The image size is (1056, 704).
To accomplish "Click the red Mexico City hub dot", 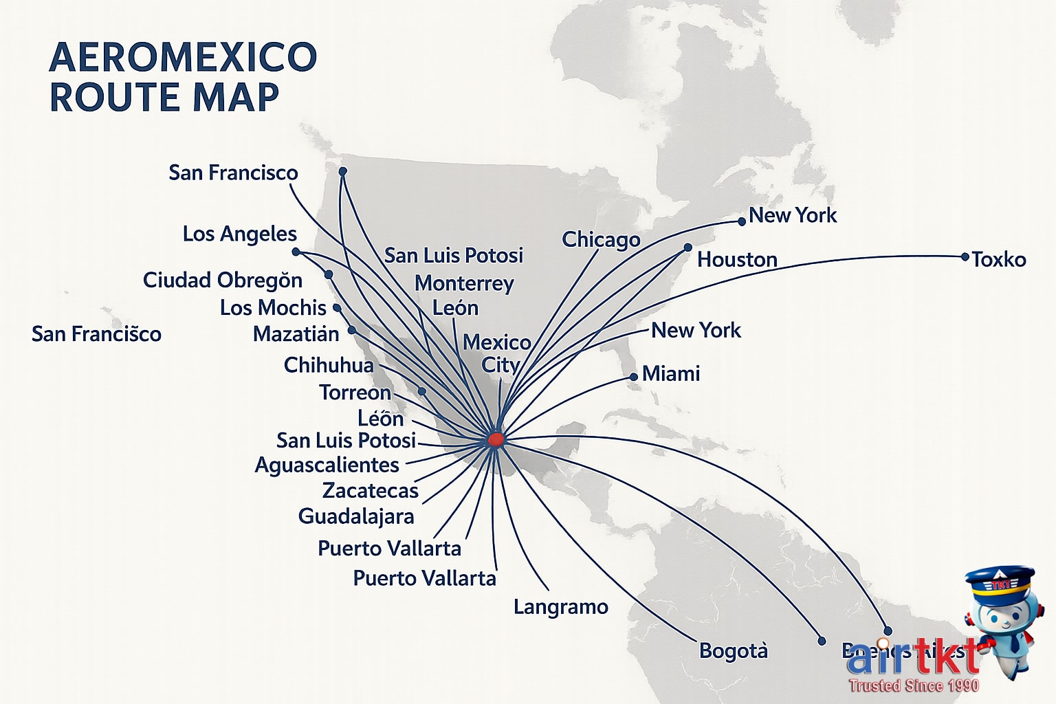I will (x=496, y=439).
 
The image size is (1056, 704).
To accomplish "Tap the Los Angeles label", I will (x=239, y=234).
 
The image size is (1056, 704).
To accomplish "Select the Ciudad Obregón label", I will (x=223, y=280).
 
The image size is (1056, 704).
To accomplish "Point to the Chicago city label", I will (x=601, y=239).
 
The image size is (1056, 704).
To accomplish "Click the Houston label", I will (x=737, y=259).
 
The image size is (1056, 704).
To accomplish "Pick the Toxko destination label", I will (x=998, y=259).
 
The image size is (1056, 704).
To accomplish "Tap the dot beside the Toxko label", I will (x=965, y=256).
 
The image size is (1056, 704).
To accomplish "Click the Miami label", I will (x=671, y=373).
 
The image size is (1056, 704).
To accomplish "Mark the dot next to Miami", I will (x=634, y=377).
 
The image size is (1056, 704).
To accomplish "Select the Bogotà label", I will (x=734, y=650).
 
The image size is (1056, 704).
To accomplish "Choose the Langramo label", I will (x=561, y=606).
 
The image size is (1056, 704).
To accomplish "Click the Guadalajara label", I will (x=356, y=516).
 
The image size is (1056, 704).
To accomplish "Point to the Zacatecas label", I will (x=371, y=490).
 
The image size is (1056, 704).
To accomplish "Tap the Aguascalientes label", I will (x=327, y=465).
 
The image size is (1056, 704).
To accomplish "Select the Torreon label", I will (x=355, y=393).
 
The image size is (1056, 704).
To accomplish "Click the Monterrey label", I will (x=464, y=283).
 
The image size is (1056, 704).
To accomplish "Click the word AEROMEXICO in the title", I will (x=184, y=57).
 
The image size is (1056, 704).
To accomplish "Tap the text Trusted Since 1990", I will (x=914, y=685).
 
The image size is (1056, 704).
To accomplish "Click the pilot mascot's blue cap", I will (x=999, y=582).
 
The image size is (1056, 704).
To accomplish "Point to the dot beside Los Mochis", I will (x=337, y=307).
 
